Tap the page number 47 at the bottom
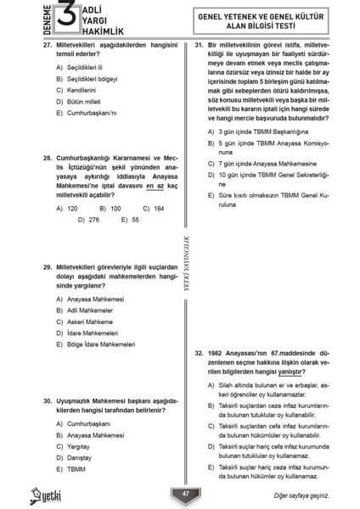pyautogui.click(x=185, y=494)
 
